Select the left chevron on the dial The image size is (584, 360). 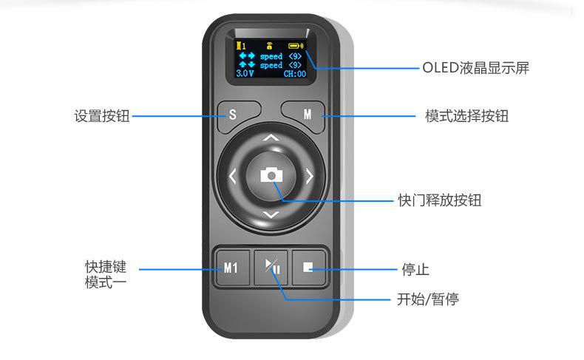(233, 177)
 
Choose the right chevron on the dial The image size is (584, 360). (310, 177)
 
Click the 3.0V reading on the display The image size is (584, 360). (244, 74)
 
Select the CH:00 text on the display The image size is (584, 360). (294, 74)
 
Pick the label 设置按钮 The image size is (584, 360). (102, 116)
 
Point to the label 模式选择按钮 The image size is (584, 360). (466, 116)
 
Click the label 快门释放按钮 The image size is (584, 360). (440, 200)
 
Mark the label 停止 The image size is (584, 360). (415, 269)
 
